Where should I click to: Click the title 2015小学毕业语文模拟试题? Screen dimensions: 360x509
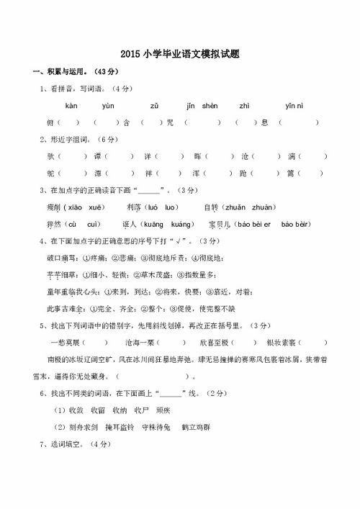coord(180,54)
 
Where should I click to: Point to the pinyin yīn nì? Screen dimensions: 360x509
coord(294,106)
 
